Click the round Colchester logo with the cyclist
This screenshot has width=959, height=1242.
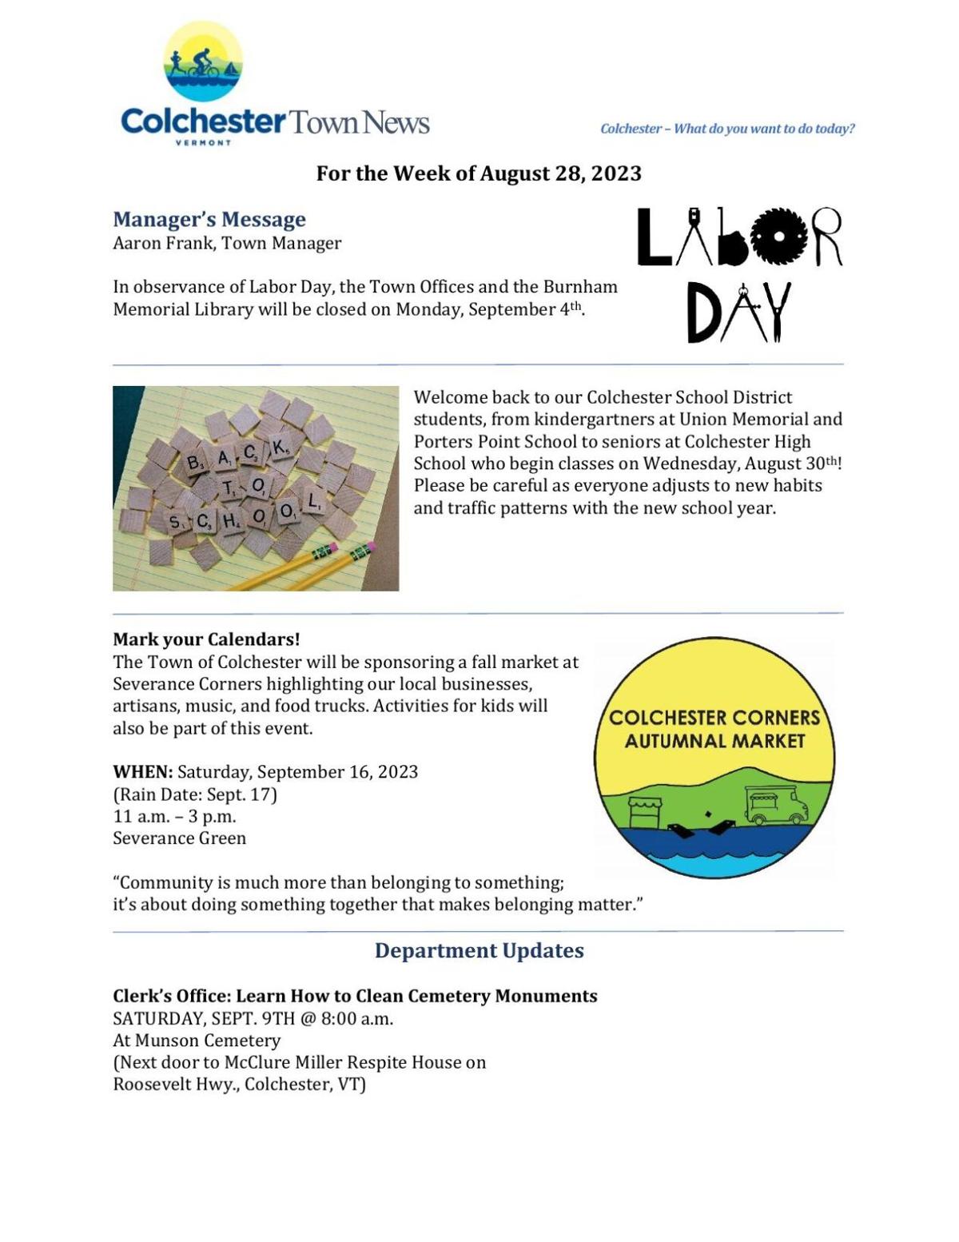[203, 62]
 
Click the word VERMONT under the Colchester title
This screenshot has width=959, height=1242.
[203, 143]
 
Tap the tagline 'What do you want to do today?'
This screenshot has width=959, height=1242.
[764, 129]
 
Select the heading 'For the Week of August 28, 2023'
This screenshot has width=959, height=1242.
[479, 173]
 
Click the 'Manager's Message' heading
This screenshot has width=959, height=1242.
[209, 219]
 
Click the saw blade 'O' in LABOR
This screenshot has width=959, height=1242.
[778, 237]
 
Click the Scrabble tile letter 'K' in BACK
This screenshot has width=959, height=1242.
[279, 448]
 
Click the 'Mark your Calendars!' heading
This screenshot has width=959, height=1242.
[206, 639]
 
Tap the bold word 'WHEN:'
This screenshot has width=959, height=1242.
[142, 772]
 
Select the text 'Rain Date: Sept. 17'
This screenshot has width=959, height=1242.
[195, 794]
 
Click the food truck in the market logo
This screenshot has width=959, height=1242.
[776, 805]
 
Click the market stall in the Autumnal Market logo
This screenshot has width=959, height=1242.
[646, 812]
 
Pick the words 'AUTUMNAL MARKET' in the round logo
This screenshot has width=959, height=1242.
[714, 741]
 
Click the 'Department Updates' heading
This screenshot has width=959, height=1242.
[479, 950]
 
